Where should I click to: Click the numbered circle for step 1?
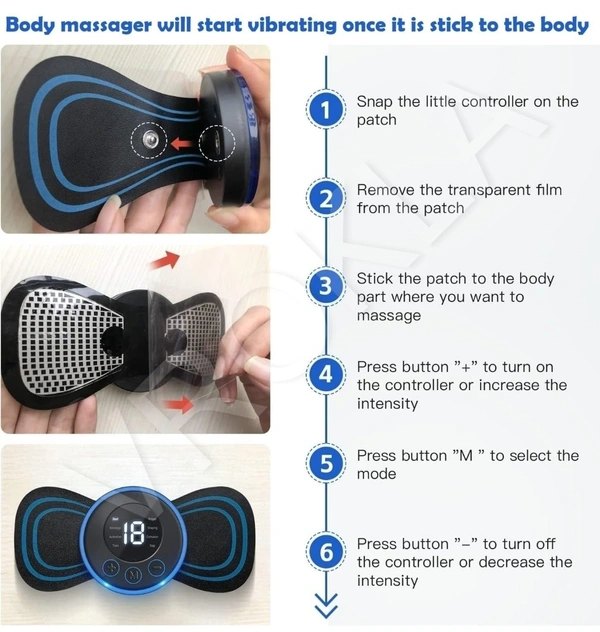pyautogui.click(x=326, y=110)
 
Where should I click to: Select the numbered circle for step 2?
pyautogui.click(x=326, y=198)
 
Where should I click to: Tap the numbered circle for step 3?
pyautogui.click(x=326, y=286)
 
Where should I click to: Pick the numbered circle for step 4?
pyautogui.click(x=326, y=374)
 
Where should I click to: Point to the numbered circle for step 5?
pyautogui.click(x=326, y=463)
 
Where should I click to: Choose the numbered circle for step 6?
pyautogui.click(x=326, y=552)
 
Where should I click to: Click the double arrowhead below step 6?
pyautogui.click(x=326, y=605)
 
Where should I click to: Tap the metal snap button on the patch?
pyautogui.click(x=149, y=139)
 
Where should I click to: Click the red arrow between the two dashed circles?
pyautogui.click(x=182, y=143)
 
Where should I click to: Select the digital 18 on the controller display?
pyautogui.click(x=133, y=533)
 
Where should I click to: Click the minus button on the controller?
pyautogui.click(x=156, y=568)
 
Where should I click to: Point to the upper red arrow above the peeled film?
pyautogui.click(x=164, y=260)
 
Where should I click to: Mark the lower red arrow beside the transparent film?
pyautogui.click(x=180, y=404)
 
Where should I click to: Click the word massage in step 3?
pyautogui.click(x=389, y=316)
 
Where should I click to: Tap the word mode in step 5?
pyautogui.click(x=376, y=474)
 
